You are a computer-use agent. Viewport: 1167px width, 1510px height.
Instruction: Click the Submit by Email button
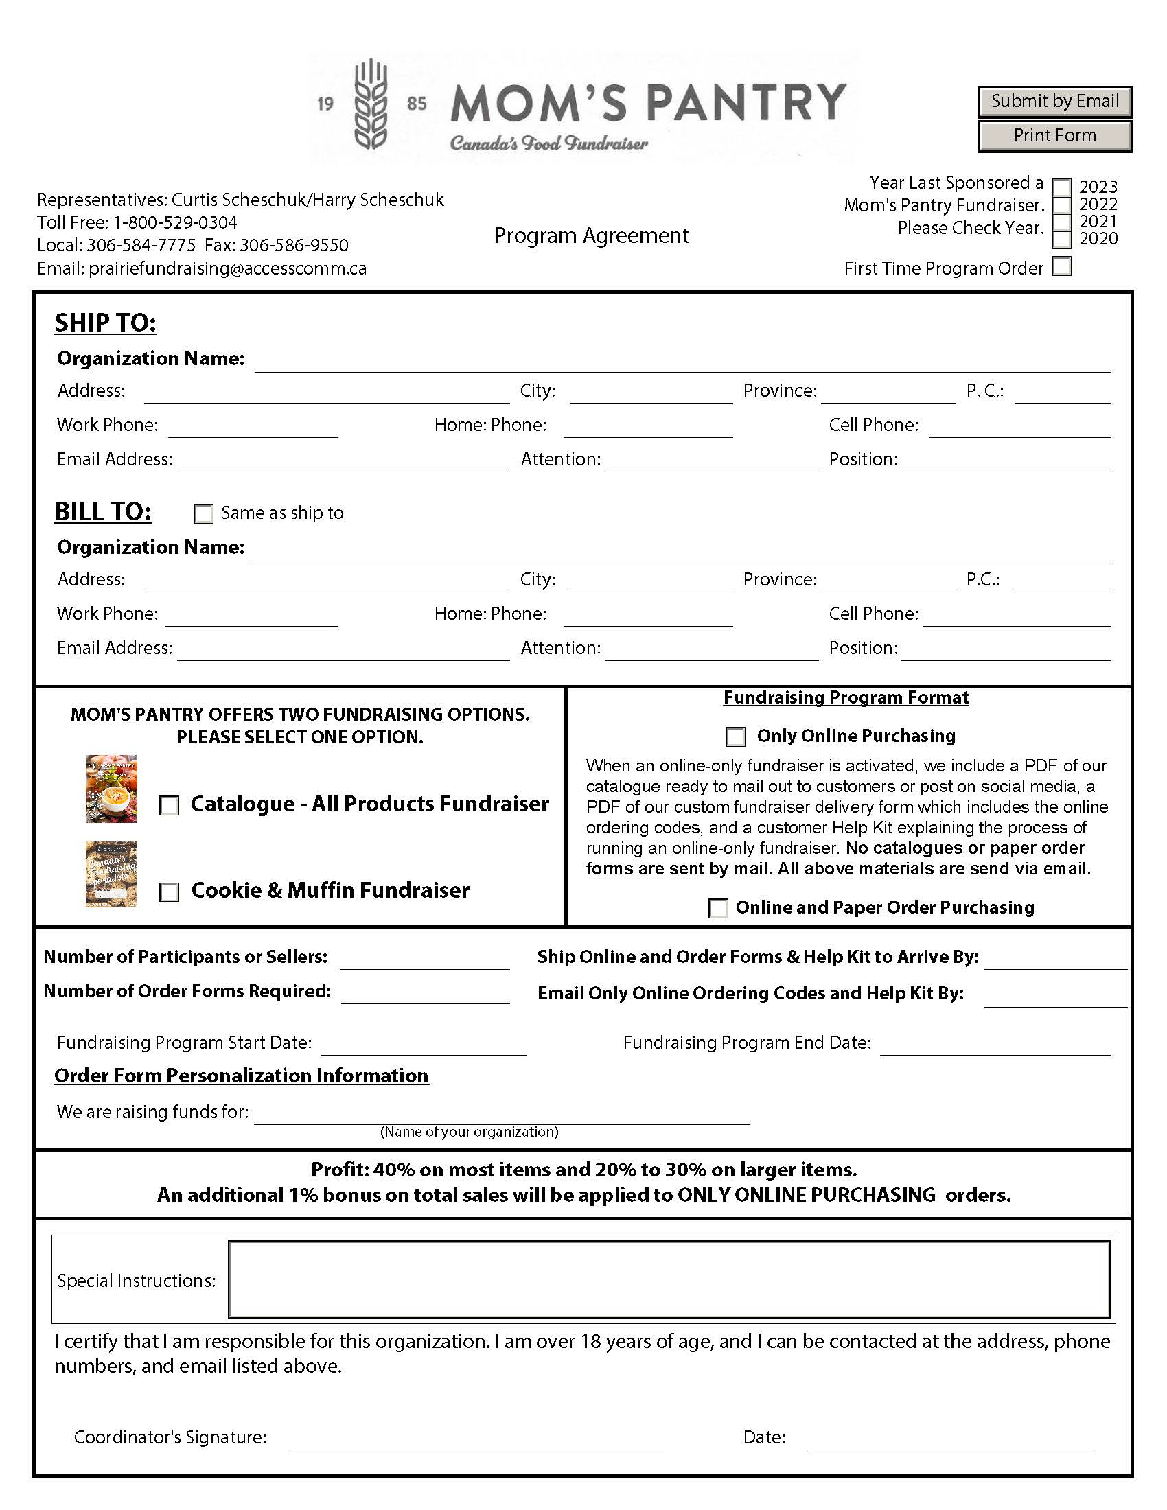click(x=1054, y=102)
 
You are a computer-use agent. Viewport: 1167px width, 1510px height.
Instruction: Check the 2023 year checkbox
click(x=1061, y=187)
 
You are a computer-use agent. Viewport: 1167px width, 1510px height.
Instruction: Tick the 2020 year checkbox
click(x=1061, y=240)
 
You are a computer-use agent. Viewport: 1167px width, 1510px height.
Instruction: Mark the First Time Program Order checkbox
click(x=1061, y=267)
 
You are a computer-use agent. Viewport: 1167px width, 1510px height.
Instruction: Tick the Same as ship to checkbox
click(x=203, y=513)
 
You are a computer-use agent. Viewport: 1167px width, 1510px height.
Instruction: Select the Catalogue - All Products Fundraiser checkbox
click(x=170, y=806)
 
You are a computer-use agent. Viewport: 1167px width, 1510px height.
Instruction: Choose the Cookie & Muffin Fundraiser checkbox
click(x=170, y=892)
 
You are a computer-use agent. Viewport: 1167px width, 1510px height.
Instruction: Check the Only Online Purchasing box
click(x=736, y=736)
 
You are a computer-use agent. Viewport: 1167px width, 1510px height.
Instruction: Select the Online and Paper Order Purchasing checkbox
click(x=718, y=908)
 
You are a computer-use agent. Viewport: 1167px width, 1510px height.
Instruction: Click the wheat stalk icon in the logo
click(x=371, y=104)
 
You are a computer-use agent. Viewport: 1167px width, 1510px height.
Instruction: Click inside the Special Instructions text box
click(x=669, y=1279)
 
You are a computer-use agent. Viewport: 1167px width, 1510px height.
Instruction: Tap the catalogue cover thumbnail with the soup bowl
click(x=111, y=788)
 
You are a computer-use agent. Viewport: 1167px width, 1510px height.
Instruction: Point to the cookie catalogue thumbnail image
click(x=111, y=874)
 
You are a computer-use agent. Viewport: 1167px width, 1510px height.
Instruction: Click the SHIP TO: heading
click(x=106, y=323)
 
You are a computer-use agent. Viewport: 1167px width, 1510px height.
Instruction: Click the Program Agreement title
click(x=591, y=235)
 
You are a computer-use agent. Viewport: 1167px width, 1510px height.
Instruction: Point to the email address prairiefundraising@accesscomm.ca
click(x=227, y=268)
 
